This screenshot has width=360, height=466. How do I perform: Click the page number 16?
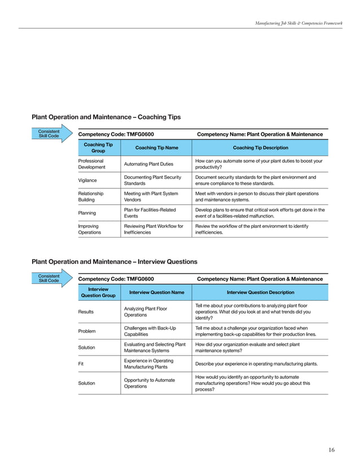[x=331, y=450]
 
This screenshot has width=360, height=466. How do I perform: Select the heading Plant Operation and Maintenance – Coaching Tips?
[x=106, y=117]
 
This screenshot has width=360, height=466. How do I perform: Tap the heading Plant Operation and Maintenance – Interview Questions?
[x=115, y=262]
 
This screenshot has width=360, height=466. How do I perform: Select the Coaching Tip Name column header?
[x=156, y=148]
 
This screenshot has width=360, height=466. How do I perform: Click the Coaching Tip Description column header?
[x=260, y=148]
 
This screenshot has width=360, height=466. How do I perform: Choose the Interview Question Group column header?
[x=98, y=292]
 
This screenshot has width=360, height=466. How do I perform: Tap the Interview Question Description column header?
[x=260, y=292]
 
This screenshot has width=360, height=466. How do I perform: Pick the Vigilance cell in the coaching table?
[x=87, y=180]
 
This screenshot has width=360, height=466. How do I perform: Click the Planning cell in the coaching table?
[x=87, y=213]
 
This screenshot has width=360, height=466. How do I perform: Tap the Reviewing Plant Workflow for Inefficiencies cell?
[x=153, y=229]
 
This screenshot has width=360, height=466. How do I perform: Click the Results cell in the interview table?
[x=86, y=311]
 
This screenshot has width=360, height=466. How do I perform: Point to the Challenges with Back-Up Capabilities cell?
[x=150, y=331]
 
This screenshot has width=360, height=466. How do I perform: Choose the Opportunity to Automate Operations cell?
[x=149, y=383]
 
